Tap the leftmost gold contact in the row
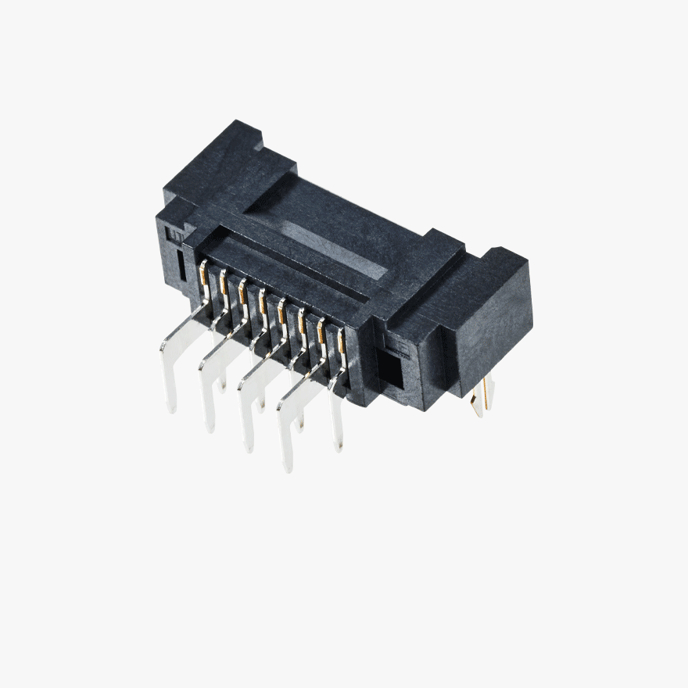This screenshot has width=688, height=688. click(x=204, y=271)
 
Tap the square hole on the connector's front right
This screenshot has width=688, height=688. click(x=390, y=371)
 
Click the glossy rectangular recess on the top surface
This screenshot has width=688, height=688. click(x=336, y=250)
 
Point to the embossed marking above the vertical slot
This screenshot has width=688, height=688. click(x=177, y=235)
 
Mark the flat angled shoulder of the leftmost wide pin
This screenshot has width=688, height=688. click(x=185, y=332)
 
